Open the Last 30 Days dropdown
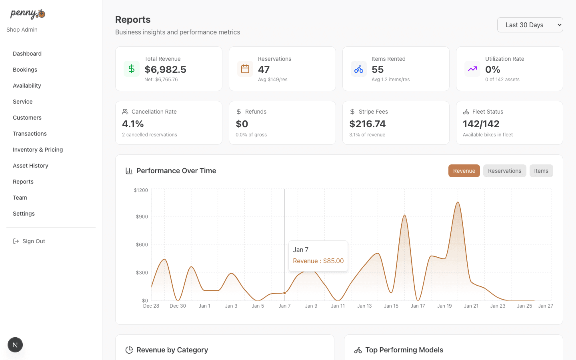pyautogui.click(x=530, y=25)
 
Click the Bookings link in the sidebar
pyautogui.click(x=25, y=70)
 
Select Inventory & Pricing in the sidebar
pyautogui.click(x=38, y=150)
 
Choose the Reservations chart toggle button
pyautogui.click(x=504, y=171)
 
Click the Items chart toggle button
pyautogui.click(x=541, y=171)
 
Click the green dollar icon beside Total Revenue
pyautogui.click(x=132, y=69)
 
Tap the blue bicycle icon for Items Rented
pyautogui.click(x=359, y=69)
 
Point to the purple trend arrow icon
pyautogui.click(x=472, y=69)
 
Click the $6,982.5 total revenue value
pyautogui.click(x=165, y=70)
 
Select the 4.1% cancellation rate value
pyautogui.click(x=133, y=124)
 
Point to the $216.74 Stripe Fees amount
pyautogui.click(x=367, y=124)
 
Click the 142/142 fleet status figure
pyautogui.click(x=481, y=124)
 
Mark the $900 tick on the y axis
pyautogui.click(x=142, y=217)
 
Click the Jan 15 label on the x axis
pyautogui.click(x=391, y=306)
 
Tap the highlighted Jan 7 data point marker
pyautogui.click(x=284, y=293)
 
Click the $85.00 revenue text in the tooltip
pyautogui.click(x=333, y=261)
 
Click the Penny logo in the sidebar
pyautogui.click(x=28, y=14)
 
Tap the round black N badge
pyautogui.click(x=15, y=345)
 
